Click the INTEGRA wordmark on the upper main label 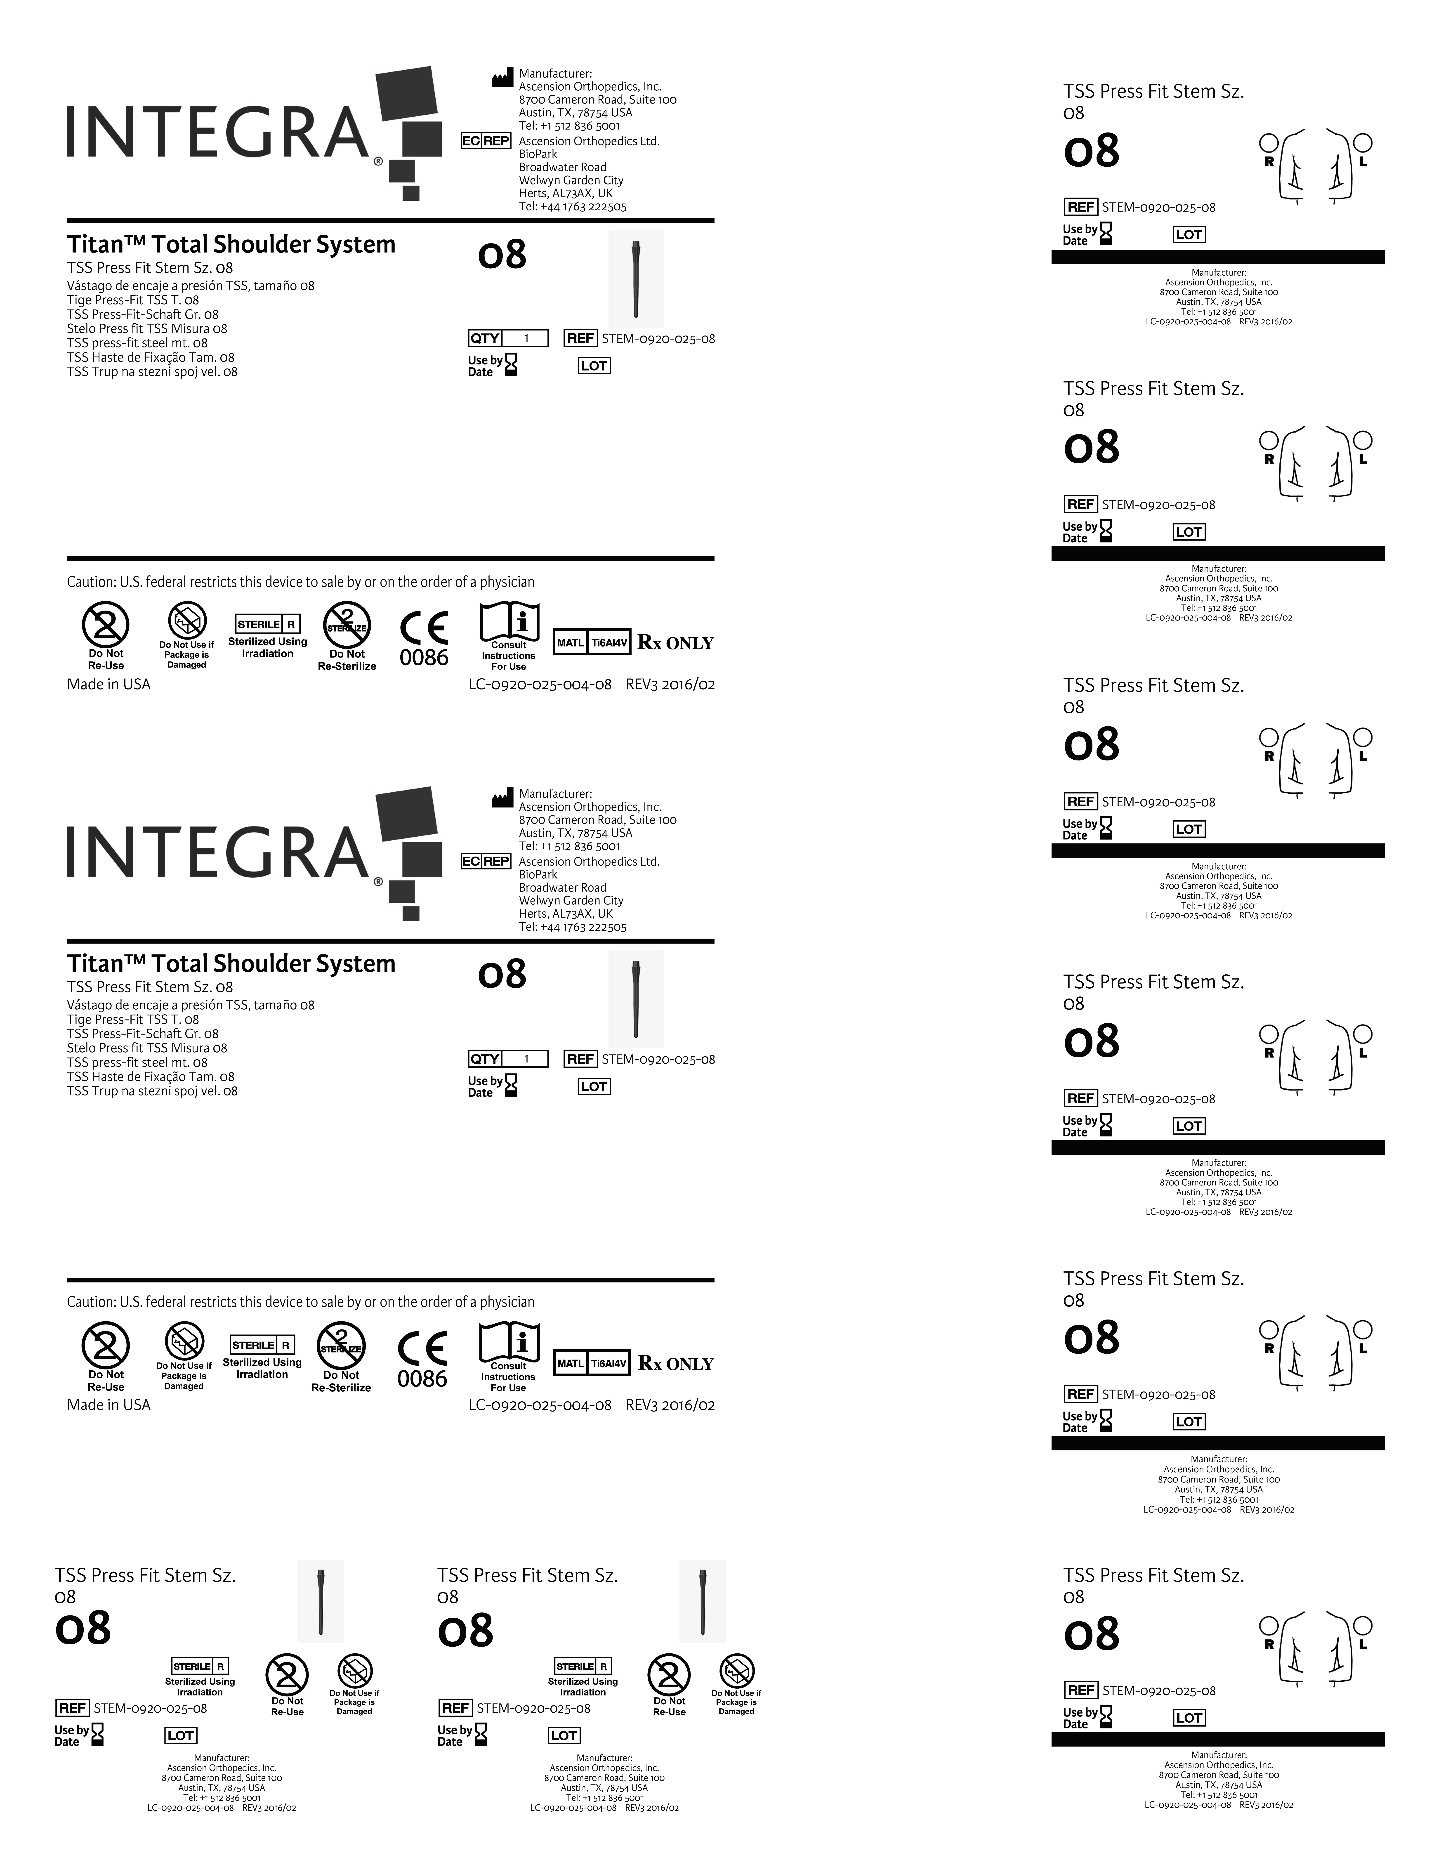pyautogui.click(x=218, y=132)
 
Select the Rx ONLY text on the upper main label pyautogui.click(x=675, y=643)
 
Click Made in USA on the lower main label pyautogui.click(x=108, y=1405)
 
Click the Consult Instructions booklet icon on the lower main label pyautogui.click(x=509, y=1341)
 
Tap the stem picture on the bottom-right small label pyautogui.click(x=703, y=1601)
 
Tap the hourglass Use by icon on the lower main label pyautogui.click(x=511, y=1085)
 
